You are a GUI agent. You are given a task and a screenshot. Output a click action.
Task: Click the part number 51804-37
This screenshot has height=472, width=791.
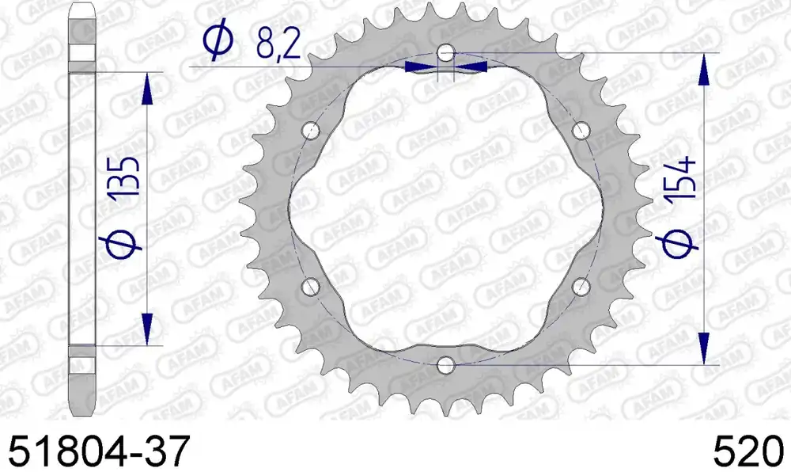pyautogui.click(x=99, y=451)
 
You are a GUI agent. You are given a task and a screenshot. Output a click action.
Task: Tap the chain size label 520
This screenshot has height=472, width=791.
pyautogui.click(x=748, y=451)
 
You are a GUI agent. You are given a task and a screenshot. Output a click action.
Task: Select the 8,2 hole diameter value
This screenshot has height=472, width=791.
pyautogui.click(x=278, y=43)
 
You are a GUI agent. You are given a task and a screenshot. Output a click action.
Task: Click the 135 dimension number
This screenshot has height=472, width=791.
pyautogui.click(x=124, y=177)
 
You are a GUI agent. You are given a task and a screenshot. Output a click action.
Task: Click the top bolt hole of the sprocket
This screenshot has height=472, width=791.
pyautogui.click(x=445, y=52)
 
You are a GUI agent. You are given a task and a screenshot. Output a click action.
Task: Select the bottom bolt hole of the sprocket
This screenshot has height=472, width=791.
pyautogui.click(x=445, y=365)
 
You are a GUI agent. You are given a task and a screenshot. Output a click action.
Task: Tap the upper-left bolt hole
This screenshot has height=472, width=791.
pyautogui.click(x=310, y=131)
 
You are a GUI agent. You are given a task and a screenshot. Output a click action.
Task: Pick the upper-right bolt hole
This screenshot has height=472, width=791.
pyautogui.click(x=581, y=131)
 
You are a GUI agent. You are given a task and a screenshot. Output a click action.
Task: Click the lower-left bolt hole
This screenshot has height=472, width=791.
pyautogui.click(x=310, y=287)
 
